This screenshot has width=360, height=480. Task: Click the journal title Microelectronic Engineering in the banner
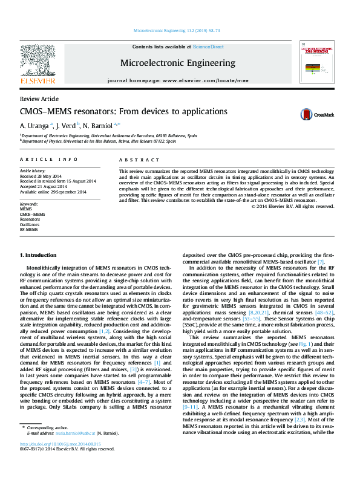click(x=178, y=63)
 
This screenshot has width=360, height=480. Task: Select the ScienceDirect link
click(x=208, y=47)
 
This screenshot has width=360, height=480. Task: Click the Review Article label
click(x=39, y=99)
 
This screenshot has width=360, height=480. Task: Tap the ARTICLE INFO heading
click(x=48, y=159)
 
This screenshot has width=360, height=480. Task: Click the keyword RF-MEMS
click(x=28, y=230)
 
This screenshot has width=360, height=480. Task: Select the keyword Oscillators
click(x=30, y=224)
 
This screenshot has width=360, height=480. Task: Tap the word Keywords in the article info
click(x=29, y=203)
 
